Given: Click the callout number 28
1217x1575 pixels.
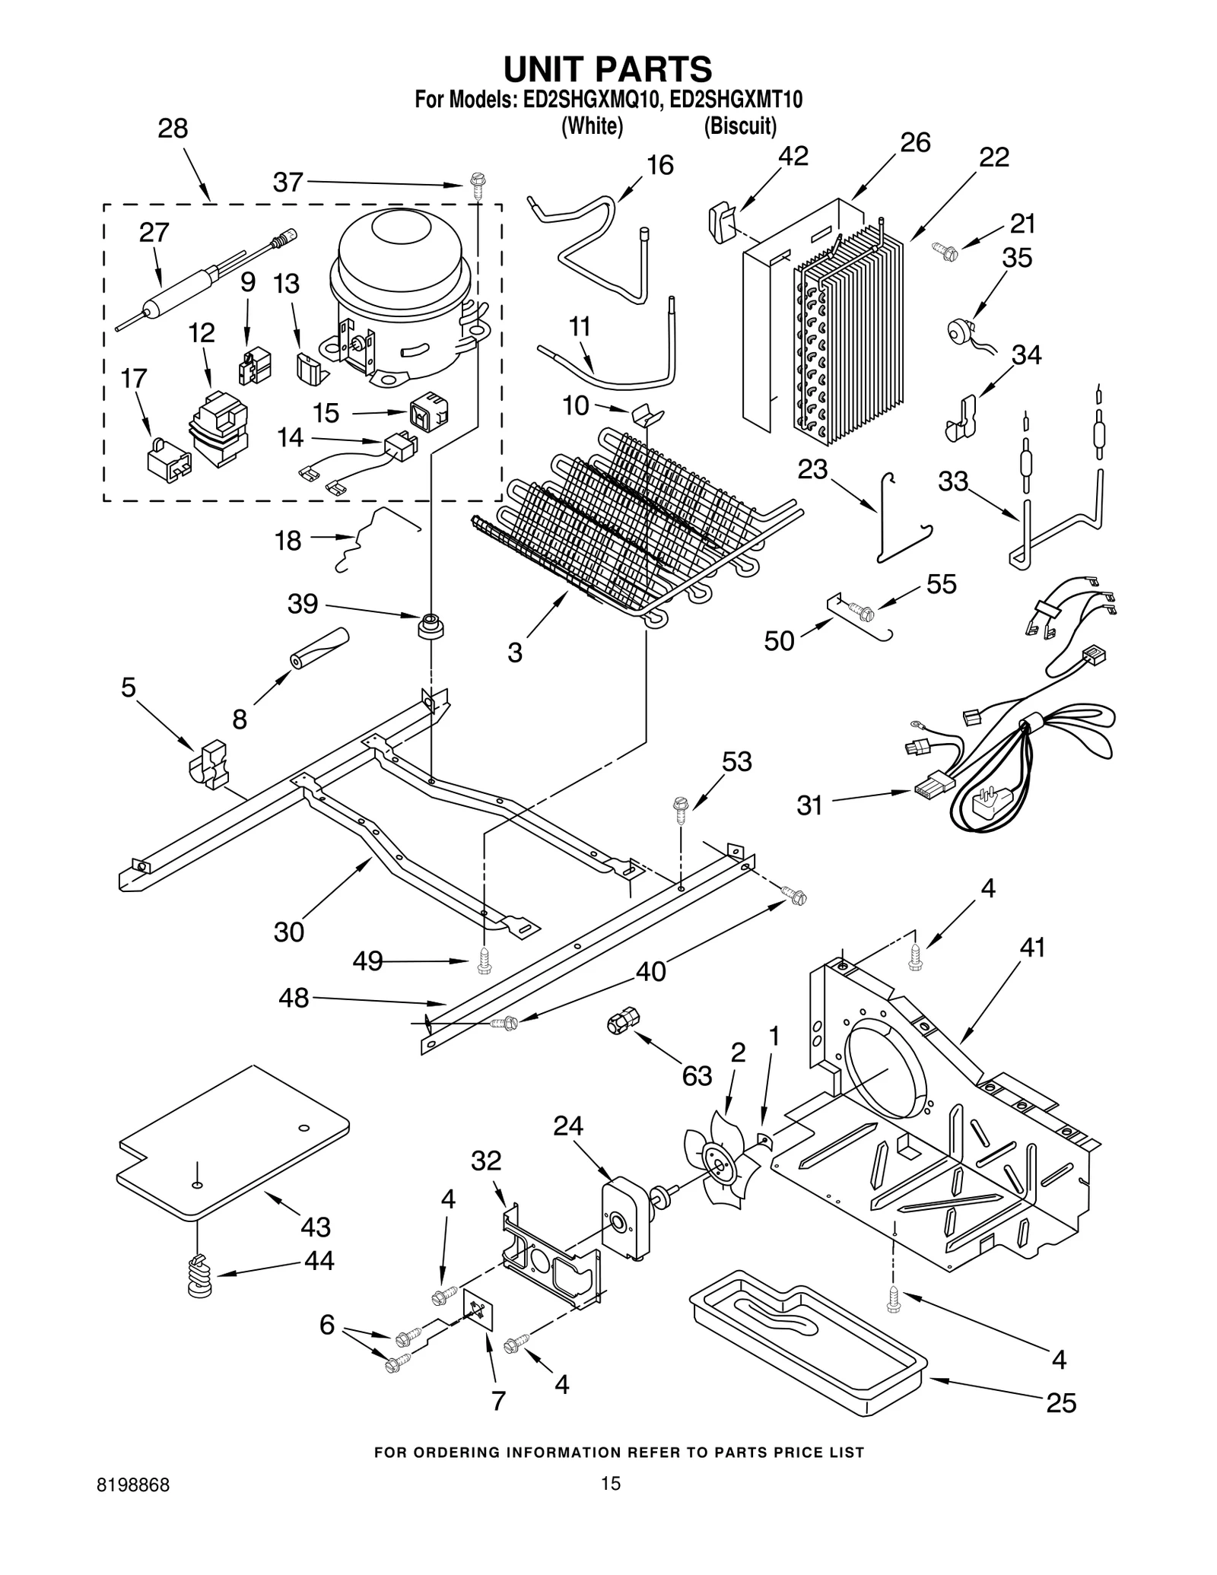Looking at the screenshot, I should click(173, 129).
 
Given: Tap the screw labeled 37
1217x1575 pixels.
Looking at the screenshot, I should click(478, 186).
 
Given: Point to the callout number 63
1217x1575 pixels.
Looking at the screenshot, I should click(696, 1075).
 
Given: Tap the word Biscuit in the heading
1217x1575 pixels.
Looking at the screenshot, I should click(739, 126).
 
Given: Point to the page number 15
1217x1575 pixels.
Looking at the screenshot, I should click(611, 1482).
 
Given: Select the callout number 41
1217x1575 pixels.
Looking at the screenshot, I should click(1032, 948).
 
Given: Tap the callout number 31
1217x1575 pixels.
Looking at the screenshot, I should click(809, 805).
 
